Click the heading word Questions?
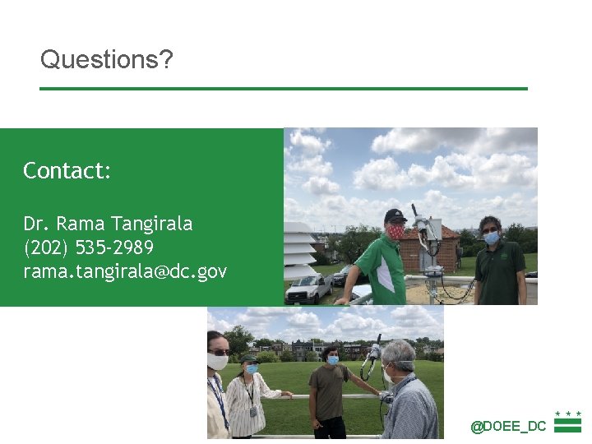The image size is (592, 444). point(107,60)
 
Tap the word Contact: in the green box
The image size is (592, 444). point(67,171)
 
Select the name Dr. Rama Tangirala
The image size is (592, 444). point(108,224)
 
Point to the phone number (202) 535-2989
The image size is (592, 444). point(88,247)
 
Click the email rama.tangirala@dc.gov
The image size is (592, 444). point(125,271)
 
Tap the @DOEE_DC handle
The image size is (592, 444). point(508,426)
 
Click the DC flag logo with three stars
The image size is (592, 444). point(567,422)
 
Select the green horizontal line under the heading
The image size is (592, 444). point(284,89)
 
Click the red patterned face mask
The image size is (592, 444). point(396,232)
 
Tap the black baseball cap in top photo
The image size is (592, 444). point(395,215)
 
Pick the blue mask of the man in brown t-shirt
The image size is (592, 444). point(333,360)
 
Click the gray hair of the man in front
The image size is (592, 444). point(400,354)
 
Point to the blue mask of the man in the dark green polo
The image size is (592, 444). point(491,238)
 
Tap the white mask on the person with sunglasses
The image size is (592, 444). point(218,361)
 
